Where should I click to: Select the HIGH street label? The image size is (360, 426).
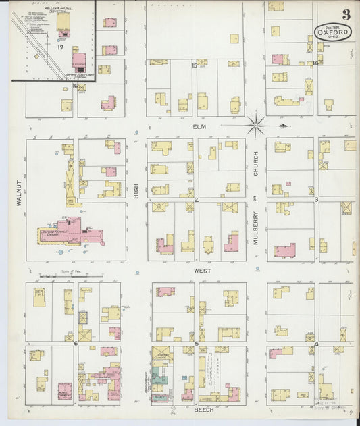click(x=136, y=192)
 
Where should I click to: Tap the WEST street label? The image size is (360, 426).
click(x=202, y=271)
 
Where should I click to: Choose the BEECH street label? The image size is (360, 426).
click(x=202, y=410)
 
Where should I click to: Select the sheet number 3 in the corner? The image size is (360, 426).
click(x=346, y=14)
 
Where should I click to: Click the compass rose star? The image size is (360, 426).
click(x=256, y=124)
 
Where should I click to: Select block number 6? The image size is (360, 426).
click(x=76, y=344)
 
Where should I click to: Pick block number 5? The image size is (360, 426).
click(x=197, y=344)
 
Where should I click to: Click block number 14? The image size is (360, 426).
click(x=315, y=63)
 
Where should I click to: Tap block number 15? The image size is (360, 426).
click(x=194, y=65)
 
